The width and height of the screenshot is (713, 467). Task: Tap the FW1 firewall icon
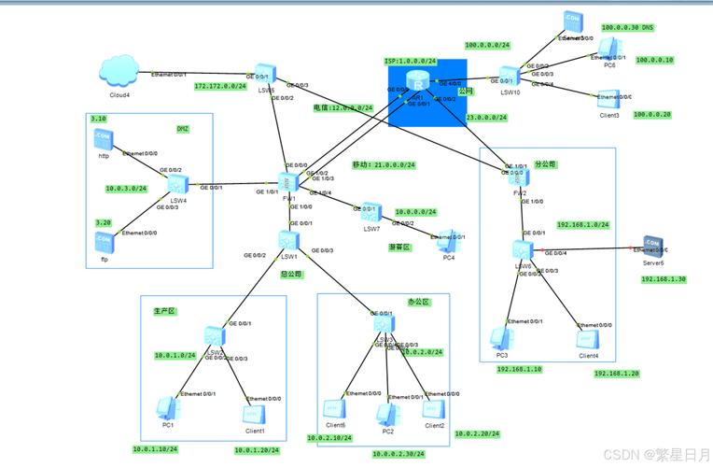[x=288, y=183]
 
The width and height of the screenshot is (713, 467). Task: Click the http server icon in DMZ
[x=104, y=140]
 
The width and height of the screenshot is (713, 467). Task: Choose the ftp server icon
[x=104, y=240]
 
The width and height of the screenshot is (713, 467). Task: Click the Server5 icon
[x=650, y=248]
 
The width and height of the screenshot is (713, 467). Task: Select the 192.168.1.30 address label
[x=664, y=278]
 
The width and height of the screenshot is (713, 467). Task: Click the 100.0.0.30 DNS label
[x=627, y=28]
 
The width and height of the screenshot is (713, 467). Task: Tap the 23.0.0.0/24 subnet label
[x=486, y=118]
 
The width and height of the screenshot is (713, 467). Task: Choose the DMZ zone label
[x=183, y=129]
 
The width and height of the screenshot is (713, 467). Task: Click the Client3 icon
[x=608, y=102]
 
